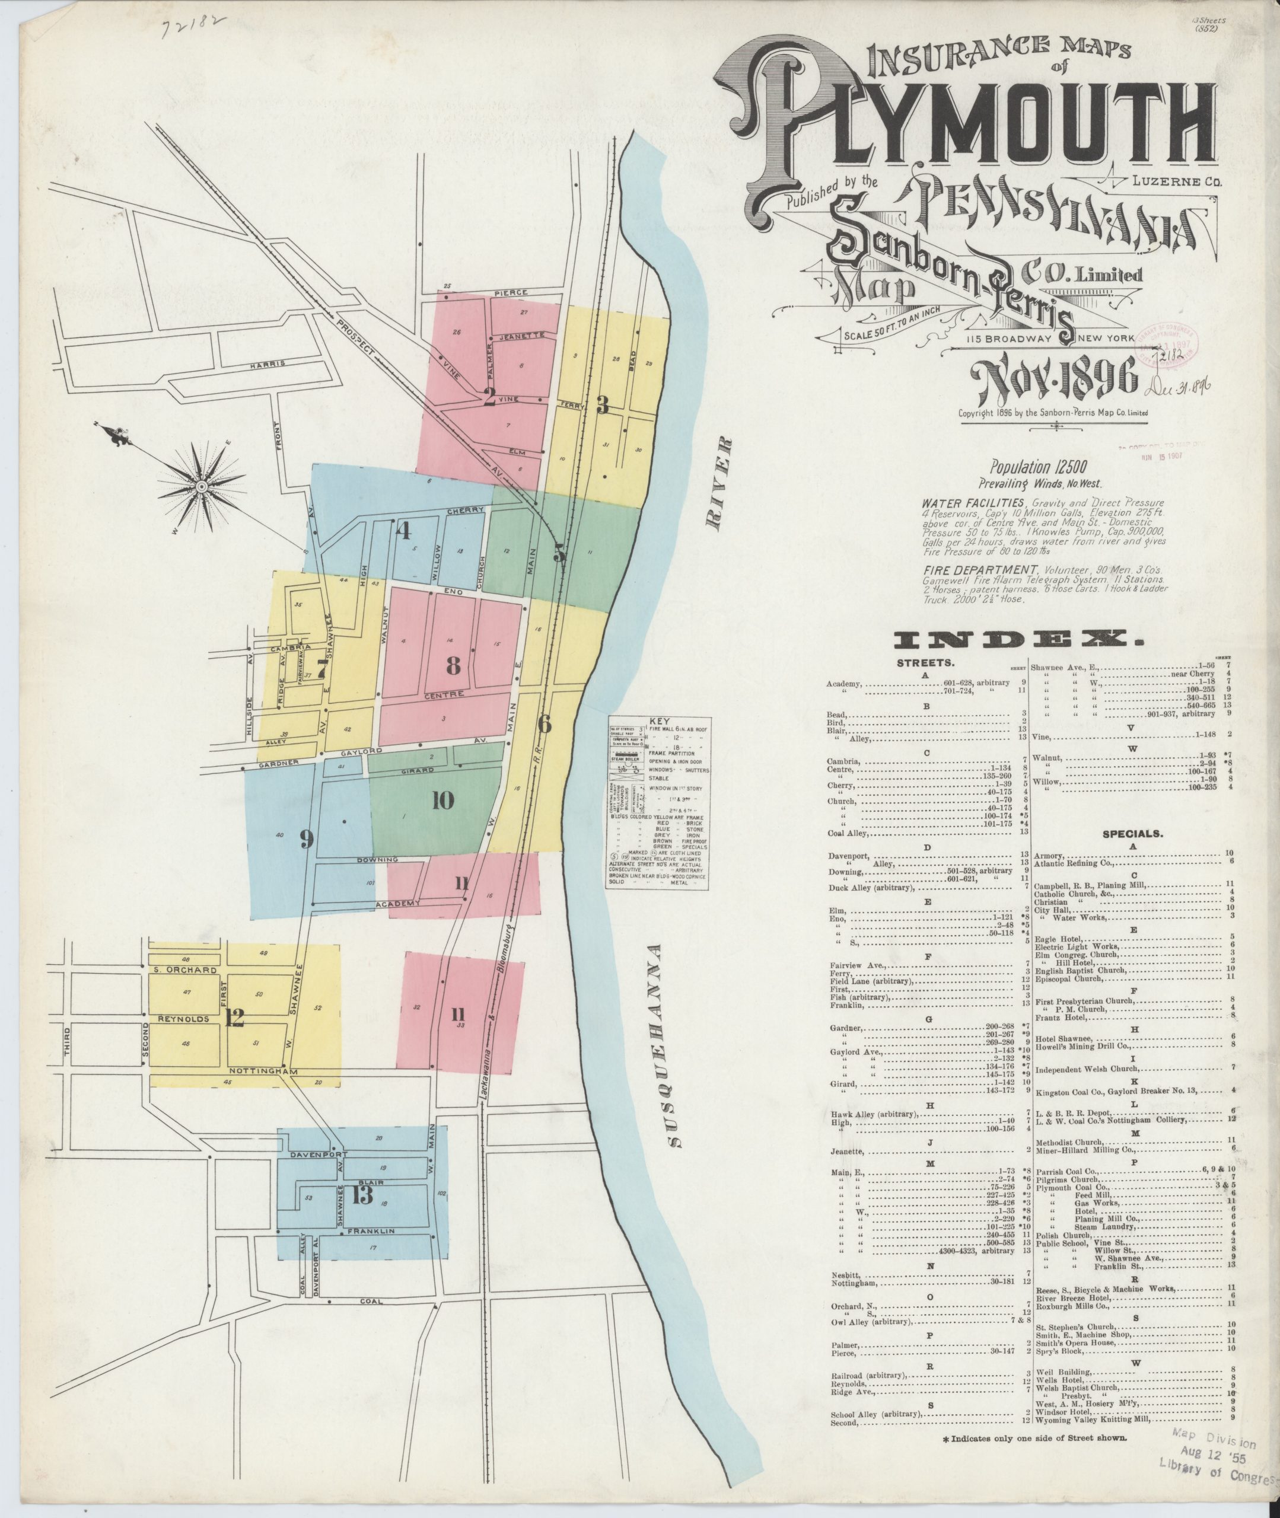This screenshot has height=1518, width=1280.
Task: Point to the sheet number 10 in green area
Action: click(442, 801)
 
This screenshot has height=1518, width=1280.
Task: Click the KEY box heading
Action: click(660, 722)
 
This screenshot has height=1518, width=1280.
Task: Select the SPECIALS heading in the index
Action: click(1133, 834)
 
